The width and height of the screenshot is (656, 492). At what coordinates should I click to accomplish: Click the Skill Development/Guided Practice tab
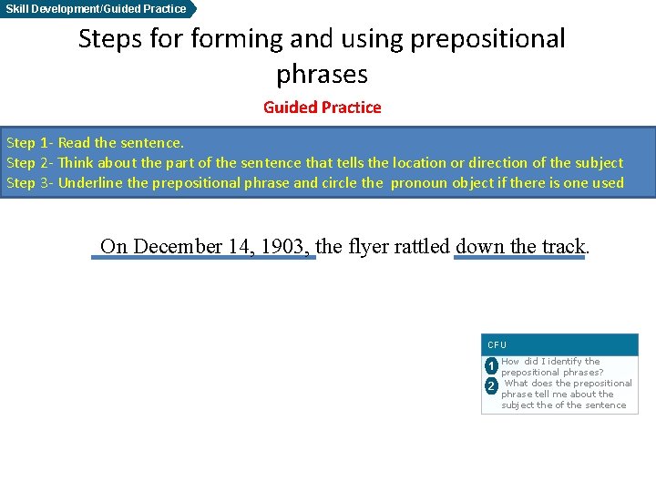(x=96, y=9)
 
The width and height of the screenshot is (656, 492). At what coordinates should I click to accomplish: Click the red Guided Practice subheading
(x=322, y=108)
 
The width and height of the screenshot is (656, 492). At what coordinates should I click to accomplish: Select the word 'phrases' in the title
(x=322, y=74)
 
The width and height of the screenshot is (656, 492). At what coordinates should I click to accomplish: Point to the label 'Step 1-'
(x=30, y=143)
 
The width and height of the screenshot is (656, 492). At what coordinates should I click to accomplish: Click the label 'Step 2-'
(x=30, y=163)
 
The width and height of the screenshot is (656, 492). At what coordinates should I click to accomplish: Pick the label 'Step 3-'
(x=30, y=183)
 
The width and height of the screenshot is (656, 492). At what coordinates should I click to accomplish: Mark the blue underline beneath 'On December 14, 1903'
(x=203, y=258)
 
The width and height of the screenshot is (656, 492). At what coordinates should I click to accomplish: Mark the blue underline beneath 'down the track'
(x=518, y=258)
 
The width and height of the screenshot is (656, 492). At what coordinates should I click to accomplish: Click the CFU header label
(x=497, y=345)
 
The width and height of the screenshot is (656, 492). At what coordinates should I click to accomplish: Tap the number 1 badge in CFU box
(x=490, y=366)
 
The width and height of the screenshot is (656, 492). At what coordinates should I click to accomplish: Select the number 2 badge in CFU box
(x=490, y=386)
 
